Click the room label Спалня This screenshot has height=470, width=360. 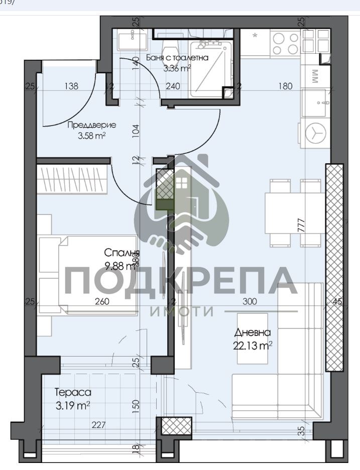tap(122, 252)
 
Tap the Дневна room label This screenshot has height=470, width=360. tap(252, 332)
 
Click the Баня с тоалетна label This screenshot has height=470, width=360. tap(177, 58)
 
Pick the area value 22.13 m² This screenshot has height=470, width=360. tap(252, 345)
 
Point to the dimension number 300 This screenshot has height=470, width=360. tap(249, 302)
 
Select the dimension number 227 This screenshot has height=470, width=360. tap(98, 425)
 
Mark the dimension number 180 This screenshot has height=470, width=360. tap(285, 86)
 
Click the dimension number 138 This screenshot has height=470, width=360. tap(71, 86)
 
